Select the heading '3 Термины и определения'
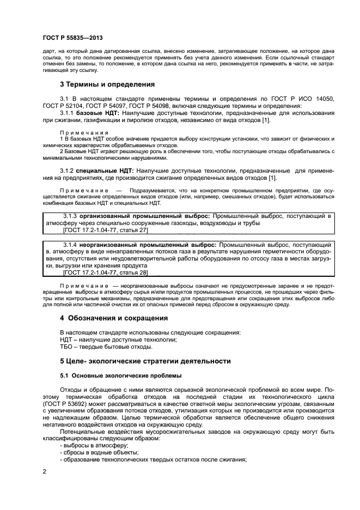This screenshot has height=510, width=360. click(x=107, y=84)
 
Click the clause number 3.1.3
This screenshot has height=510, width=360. click(x=73, y=216)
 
